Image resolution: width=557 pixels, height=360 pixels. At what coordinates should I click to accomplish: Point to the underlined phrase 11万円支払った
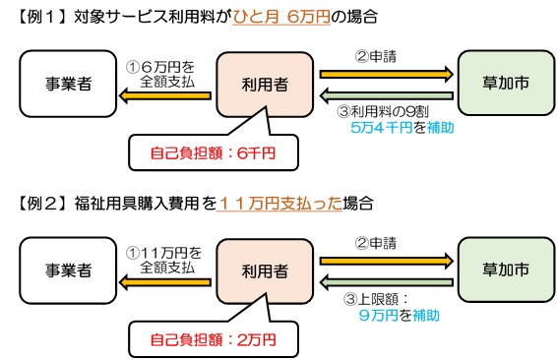click(x=283, y=204)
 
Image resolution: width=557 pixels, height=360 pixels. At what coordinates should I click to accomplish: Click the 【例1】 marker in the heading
click(x=36, y=18)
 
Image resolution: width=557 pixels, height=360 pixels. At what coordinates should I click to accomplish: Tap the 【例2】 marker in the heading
click(x=36, y=204)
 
